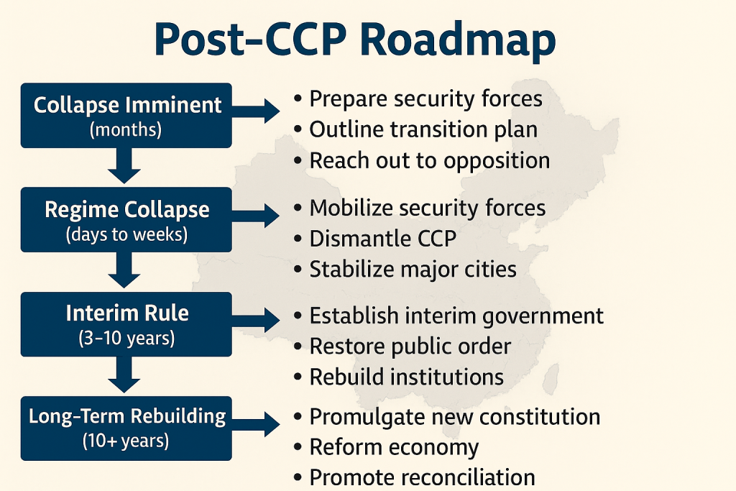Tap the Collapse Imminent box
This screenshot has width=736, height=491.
[126, 115]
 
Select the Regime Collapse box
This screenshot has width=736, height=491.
[126, 219]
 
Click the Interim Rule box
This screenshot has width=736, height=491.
[126, 323]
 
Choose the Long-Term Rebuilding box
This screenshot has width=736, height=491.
[126, 428]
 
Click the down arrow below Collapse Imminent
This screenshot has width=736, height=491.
[126, 167]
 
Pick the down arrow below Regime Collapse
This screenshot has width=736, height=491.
[126, 271]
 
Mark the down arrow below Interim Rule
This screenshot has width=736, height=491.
[126, 376]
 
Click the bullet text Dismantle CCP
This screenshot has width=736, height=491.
[383, 239]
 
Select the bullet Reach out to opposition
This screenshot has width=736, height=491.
[429, 160]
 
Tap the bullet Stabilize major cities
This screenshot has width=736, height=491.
[413, 270]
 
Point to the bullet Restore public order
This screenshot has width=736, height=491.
[410, 346]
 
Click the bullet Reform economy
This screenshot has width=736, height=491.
[394, 447]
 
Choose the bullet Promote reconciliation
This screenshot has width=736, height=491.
[422, 477]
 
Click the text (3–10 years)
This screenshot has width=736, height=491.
[126, 338]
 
